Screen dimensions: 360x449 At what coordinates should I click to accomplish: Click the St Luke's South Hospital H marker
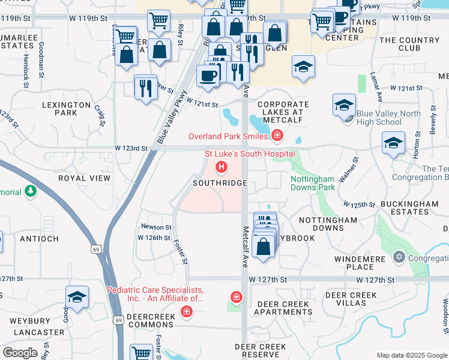[221, 166]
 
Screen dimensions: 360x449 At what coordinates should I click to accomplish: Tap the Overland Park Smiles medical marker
[277, 136]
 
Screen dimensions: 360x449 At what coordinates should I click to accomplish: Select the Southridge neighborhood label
[220, 182]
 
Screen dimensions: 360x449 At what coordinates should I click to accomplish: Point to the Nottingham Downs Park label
[312, 183]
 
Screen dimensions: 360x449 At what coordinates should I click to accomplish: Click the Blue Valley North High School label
[378, 118]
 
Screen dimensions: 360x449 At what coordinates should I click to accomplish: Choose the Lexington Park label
[67, 108]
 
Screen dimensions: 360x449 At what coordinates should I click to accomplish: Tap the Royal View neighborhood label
[84, 178]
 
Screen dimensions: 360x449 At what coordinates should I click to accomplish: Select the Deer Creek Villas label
[351, 299]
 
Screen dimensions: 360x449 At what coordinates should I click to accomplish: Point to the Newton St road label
[156, 227]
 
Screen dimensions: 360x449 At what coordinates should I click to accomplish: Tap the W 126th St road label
[154, 238]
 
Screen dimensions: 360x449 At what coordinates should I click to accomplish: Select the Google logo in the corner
[20, 352]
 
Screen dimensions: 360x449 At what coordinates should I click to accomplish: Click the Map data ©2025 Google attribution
[412, 355]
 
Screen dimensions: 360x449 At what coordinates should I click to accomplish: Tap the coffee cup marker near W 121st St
[208, 76]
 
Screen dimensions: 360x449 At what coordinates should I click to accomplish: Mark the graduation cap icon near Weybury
[77, 296]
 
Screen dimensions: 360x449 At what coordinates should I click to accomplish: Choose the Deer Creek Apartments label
[284, 308]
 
